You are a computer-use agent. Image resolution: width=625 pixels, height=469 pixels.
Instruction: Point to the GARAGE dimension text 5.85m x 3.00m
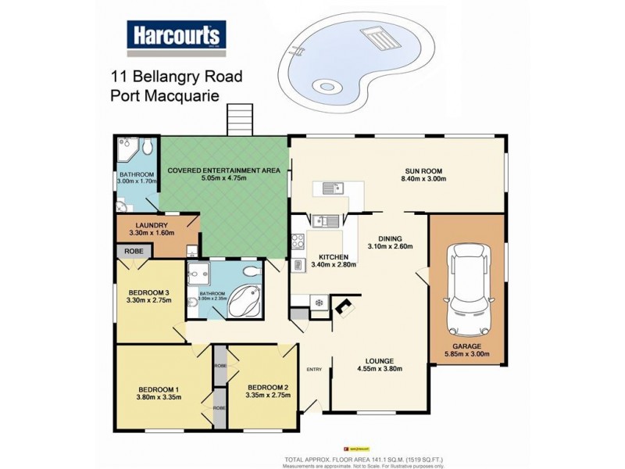click(468, 353)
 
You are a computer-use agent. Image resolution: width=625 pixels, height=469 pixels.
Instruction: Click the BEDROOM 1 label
click(159, 388)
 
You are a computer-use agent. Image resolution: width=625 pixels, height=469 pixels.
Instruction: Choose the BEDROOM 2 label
click(268, 387)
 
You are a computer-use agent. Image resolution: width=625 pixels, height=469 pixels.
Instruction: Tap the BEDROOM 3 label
click(148, 292)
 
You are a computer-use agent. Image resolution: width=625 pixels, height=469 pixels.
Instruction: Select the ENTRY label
click(314, 370)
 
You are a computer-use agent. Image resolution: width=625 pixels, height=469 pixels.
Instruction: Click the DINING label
click(390, 238)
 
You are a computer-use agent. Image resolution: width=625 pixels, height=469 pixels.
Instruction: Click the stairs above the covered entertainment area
click(238, 121)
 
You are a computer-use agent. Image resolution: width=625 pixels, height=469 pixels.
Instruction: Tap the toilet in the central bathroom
click(251, 272)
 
